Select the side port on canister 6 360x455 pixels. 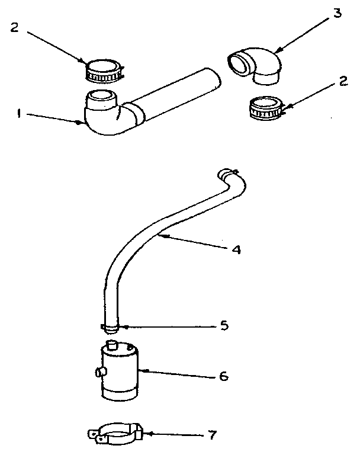[x=98, y=373]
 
